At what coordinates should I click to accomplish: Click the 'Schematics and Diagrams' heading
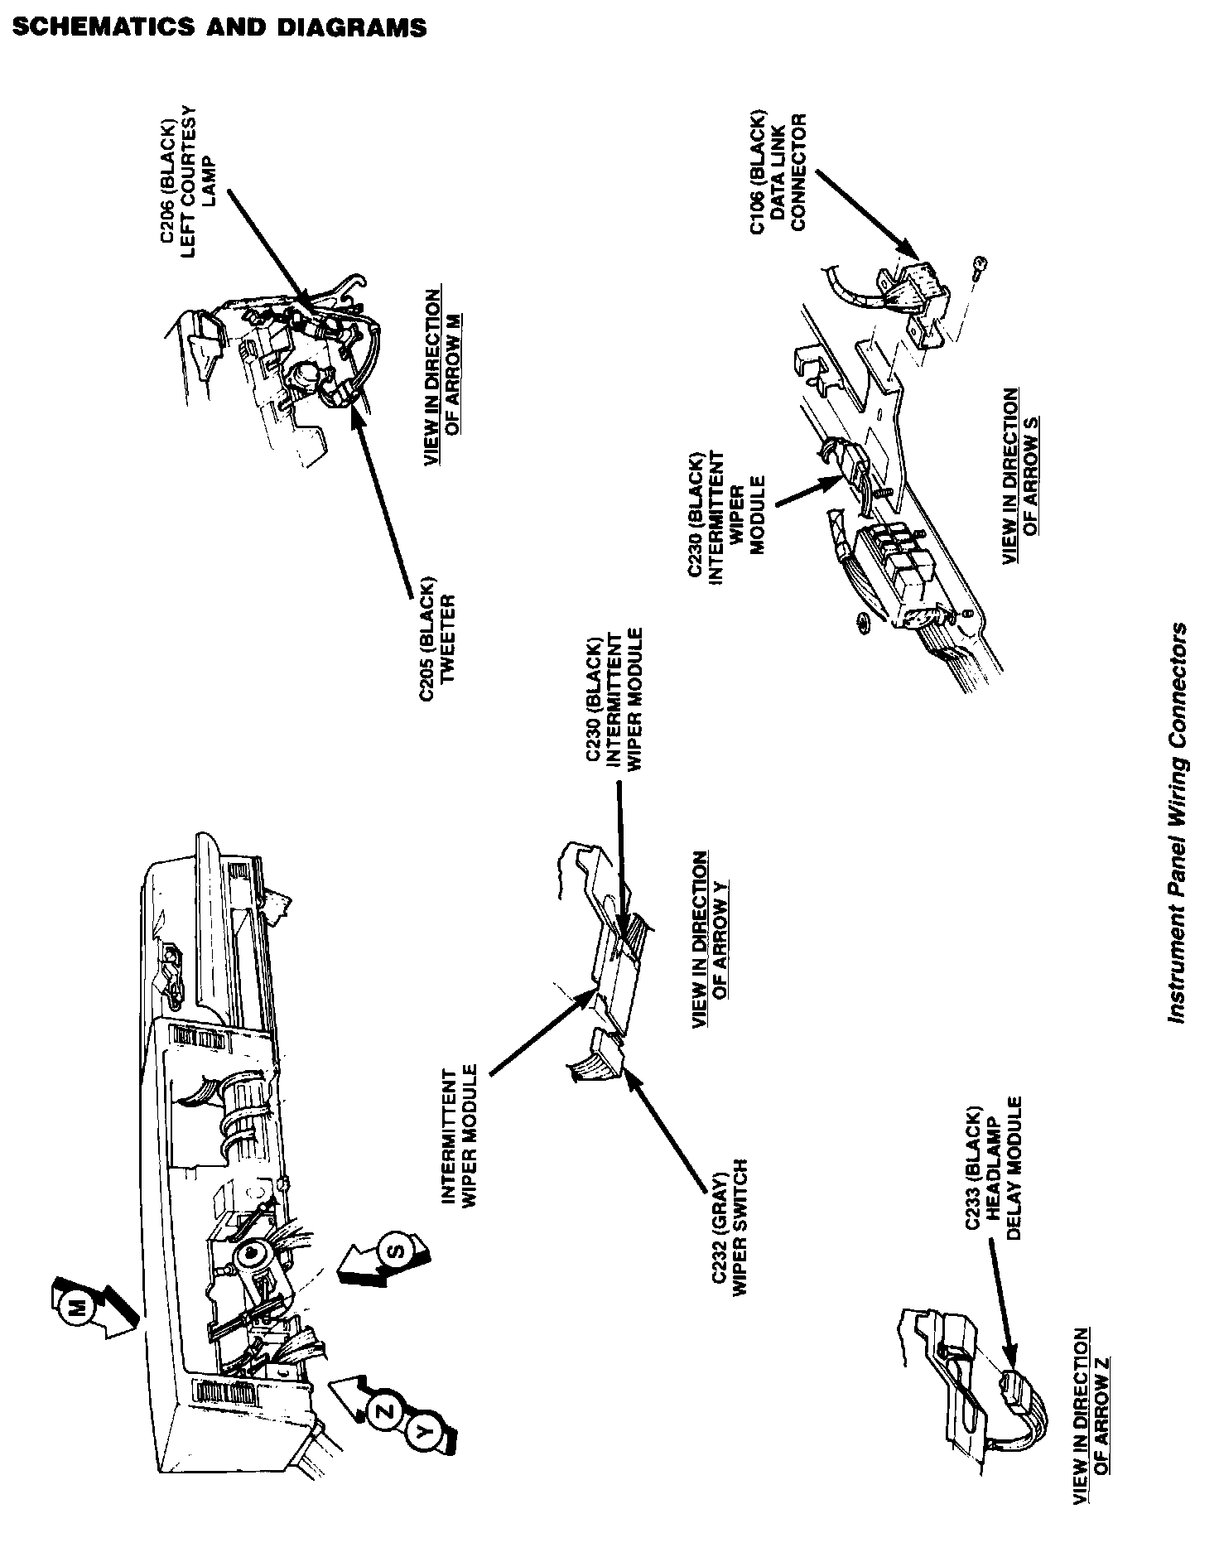219,28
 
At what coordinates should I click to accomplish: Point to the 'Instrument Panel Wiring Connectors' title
1177,822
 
